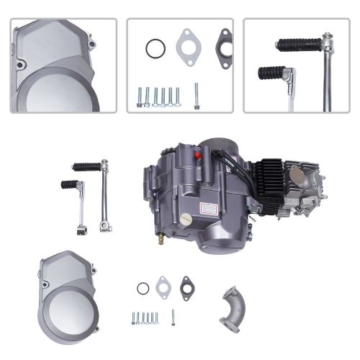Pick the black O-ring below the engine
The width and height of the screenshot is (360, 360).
(x=143, y=289)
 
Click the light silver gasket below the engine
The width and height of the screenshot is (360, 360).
(x=163, y=283)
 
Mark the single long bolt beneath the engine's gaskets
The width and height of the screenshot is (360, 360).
(x=172, y=315)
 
